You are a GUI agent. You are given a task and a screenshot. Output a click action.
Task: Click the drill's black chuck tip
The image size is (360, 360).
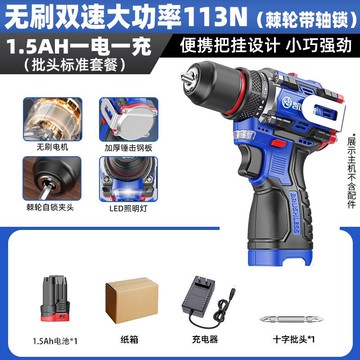tap(187, 86)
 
